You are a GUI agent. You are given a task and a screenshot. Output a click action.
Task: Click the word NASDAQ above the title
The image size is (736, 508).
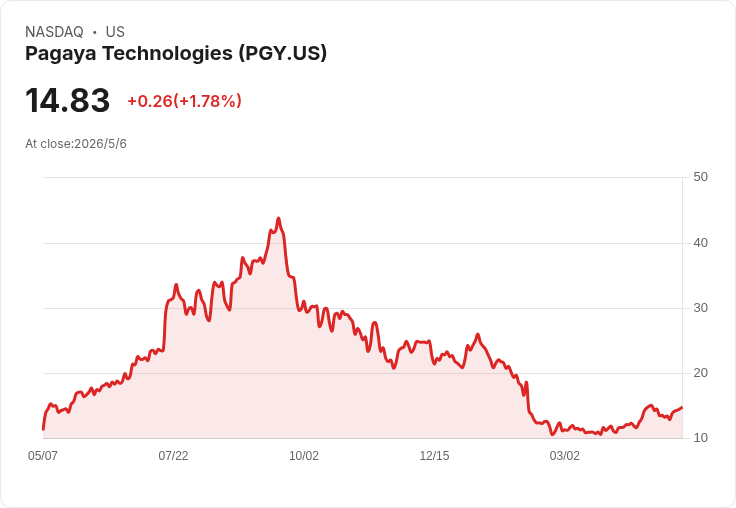coord(54,32)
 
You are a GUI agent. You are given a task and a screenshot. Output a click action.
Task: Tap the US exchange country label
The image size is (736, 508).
coord(115,32)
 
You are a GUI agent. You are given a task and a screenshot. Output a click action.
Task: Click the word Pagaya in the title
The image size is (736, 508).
coord(61,54)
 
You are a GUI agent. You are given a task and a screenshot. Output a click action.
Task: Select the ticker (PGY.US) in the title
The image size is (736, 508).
coord(283,53)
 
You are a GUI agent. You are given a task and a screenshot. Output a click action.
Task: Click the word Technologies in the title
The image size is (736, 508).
coord(168,54)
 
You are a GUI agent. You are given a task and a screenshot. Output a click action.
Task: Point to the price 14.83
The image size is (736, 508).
coord(68,100)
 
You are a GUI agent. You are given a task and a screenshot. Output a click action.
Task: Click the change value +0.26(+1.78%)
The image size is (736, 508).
coord(184,101)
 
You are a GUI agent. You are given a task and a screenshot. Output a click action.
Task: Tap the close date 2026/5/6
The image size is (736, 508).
coord(100,144)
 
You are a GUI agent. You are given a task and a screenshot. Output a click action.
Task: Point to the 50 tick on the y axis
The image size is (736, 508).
coord(700,177)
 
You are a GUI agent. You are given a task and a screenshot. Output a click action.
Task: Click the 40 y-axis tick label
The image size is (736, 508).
coord(700,243)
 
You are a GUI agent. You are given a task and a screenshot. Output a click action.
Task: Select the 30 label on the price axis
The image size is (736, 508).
coord(700,308)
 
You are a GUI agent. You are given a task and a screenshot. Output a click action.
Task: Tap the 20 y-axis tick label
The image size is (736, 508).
coord(700,373)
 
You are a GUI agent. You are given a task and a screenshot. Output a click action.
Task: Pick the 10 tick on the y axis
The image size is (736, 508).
coord(700,438)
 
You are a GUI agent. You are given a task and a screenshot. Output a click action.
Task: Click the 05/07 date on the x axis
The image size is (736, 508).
coord(43,456)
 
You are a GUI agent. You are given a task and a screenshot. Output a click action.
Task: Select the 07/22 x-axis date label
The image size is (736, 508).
coord(173,456)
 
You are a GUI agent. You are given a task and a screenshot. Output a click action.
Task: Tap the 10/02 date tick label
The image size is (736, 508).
coord(304,456)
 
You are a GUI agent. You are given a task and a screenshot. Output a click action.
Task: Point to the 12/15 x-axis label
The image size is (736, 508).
coord(434,456)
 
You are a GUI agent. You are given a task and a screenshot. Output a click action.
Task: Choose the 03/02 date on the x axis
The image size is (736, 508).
coord(565,456)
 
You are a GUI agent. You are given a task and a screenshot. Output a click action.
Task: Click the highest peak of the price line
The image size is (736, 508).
coord(278,218)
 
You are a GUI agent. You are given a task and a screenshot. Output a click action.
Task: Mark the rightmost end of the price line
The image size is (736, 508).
coord(682,408)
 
